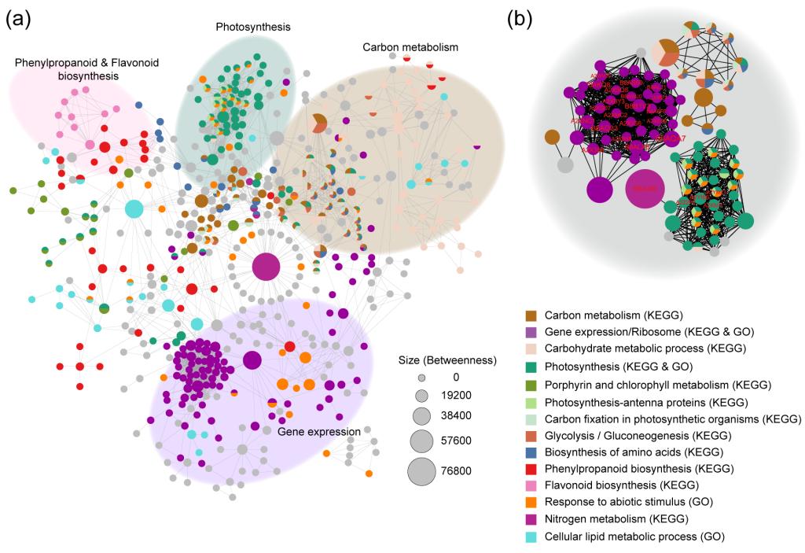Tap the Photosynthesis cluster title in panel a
click(x=253, y=27)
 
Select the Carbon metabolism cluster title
click(x=410, y=47)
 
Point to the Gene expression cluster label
click(x=318, y=431)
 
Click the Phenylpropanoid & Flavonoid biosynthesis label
click(x=67, y=69)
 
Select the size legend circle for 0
click(x=421, y=378)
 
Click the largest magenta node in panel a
click(x=266, y=268)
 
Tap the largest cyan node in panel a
click(x=134, y=208)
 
